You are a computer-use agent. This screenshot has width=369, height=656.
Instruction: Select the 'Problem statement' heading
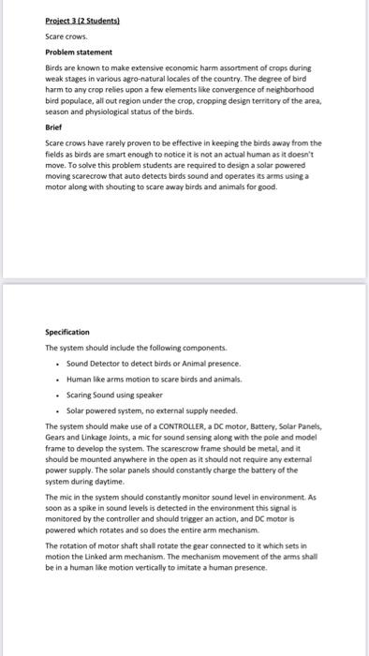pyautogui.click(x=80, y=52)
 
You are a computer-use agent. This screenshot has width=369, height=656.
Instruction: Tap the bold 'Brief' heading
pyautogui.click(x=53, y=125)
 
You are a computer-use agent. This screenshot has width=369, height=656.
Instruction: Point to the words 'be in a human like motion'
pyautogui.click(x=89, y=567)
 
